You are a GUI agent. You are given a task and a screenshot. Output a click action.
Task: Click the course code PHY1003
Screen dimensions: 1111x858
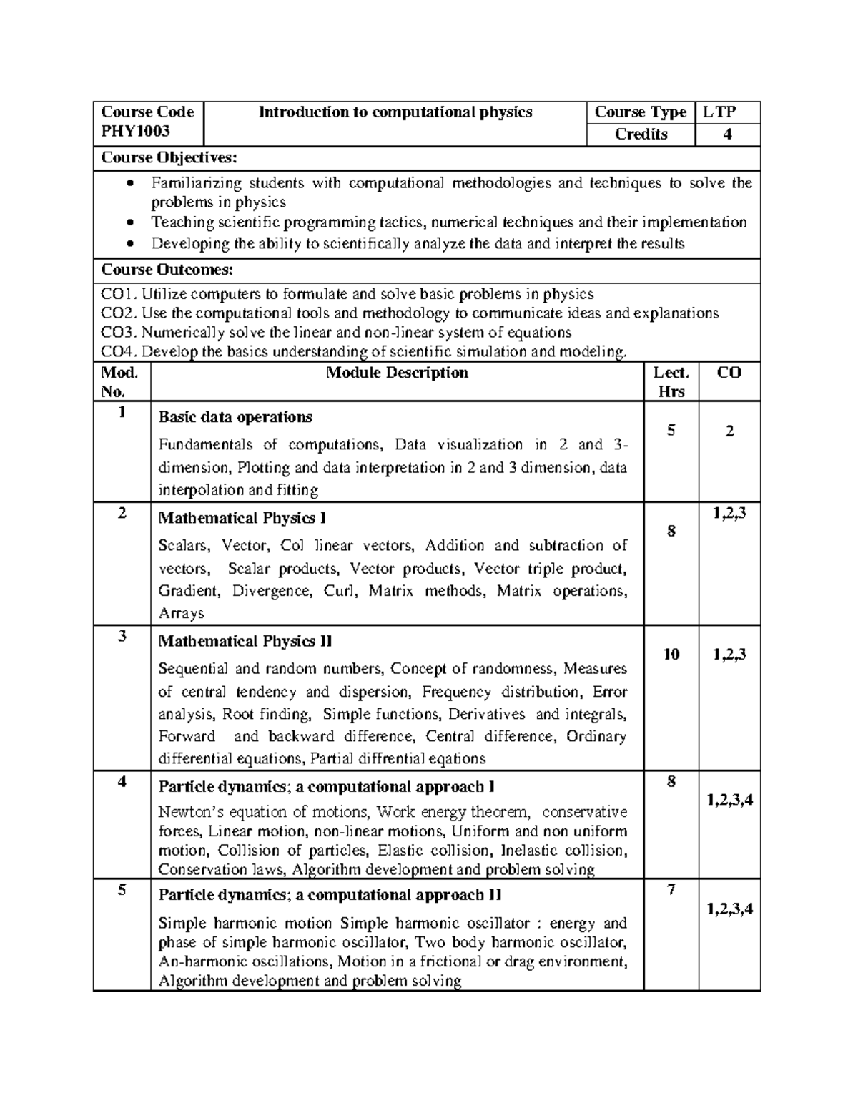(135, 131)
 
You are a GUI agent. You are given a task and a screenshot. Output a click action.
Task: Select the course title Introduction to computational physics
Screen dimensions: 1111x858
(395, 112)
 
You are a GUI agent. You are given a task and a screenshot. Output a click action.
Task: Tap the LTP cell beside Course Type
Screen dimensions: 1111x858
(719, 112)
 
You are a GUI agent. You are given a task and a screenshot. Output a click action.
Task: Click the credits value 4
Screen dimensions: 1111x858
(727, 134)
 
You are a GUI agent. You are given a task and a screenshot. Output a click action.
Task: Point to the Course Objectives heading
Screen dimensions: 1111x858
(168, 157)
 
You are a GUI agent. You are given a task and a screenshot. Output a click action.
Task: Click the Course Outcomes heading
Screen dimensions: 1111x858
(167, 270)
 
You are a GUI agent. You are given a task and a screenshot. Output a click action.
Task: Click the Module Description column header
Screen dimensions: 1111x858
(397, 373)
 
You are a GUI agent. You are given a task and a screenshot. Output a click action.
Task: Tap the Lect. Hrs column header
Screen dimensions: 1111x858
(671, 382)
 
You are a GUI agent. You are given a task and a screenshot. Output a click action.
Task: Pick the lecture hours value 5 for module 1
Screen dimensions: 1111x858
(671, 431)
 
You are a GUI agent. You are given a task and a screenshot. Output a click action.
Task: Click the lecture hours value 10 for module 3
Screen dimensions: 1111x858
(671, 655)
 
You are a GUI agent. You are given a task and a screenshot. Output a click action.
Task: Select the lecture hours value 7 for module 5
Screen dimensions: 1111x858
(671, 890)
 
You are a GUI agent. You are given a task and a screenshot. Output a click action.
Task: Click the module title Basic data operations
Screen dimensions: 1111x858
(235, 417)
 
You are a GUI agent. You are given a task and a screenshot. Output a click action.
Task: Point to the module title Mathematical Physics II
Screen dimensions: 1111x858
(245, 641)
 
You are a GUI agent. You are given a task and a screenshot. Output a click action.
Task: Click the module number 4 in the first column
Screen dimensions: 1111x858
(122, 782)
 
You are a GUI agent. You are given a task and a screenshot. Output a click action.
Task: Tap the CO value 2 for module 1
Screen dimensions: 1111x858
(729, 431)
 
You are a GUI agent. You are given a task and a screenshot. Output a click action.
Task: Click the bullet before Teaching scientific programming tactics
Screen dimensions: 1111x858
(129, 223)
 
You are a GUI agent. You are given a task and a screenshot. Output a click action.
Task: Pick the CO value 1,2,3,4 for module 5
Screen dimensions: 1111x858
(730, 910)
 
